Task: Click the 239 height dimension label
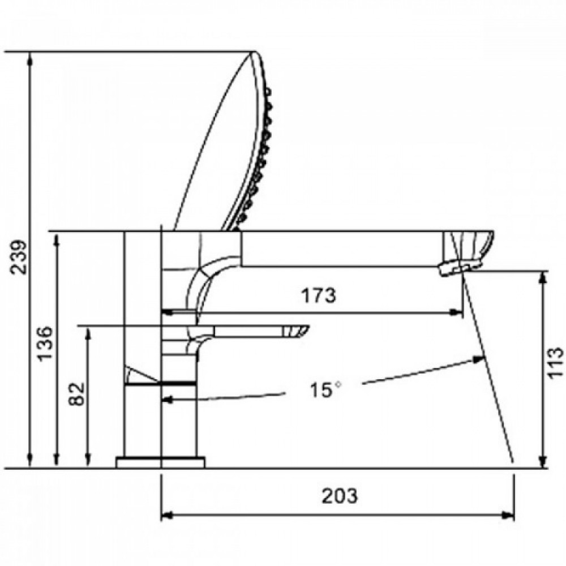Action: (19, 257)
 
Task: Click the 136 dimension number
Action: (46, 344)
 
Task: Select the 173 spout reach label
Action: (319, 295)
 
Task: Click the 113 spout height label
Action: (556, 362)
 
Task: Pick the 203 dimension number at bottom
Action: (340, 496)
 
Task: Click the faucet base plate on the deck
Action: (160, 462)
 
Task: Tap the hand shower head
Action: (223, 141)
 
